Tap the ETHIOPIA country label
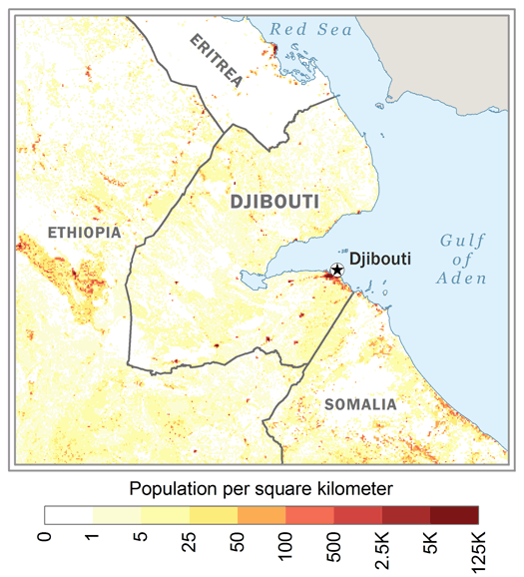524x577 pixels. (x=83, y=233)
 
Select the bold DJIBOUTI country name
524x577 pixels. (x=274, y=203)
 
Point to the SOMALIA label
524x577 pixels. (x=360, y=404)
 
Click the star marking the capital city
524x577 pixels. (x=337, y=270)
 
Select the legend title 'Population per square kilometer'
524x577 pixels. (x=262, y=489)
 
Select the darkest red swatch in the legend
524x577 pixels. (x=454, y=514)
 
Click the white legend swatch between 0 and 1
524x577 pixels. (x=69, y=514)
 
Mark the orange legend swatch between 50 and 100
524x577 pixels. (x=262, y=514)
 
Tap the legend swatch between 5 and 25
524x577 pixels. (x=166, y=514)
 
